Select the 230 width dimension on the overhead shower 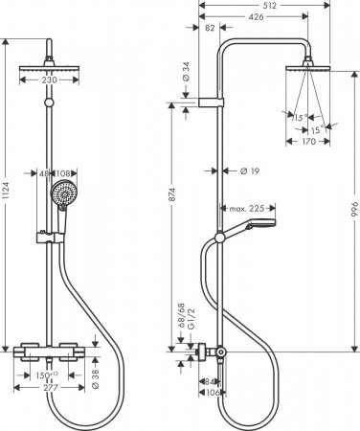tap(45, 81)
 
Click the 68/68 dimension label tap(181, 315)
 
